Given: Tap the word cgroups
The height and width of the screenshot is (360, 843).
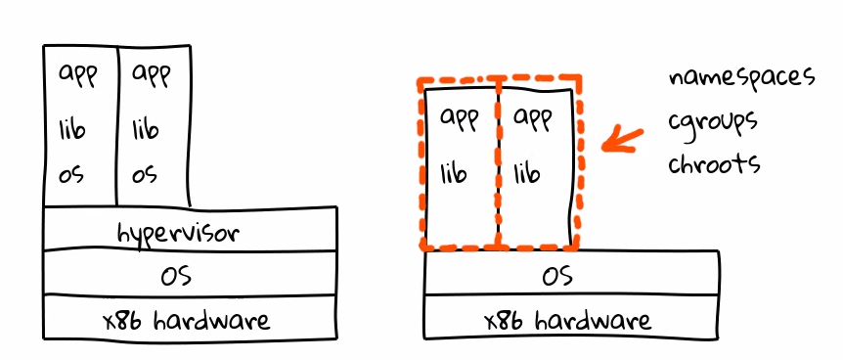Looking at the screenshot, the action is [713, 122].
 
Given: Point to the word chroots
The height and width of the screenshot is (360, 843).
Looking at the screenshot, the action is [715, 161].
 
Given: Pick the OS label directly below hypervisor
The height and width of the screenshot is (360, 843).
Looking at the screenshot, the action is [176, 275].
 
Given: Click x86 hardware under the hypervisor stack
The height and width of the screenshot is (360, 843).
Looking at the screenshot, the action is [187, 320].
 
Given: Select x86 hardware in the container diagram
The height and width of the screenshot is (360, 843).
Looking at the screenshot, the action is [568, 320].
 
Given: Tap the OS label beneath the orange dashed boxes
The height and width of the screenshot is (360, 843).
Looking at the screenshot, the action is [557, 276].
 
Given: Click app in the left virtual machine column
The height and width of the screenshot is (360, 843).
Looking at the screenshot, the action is [78, 74].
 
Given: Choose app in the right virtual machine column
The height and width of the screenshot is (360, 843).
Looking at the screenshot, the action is [151, 74].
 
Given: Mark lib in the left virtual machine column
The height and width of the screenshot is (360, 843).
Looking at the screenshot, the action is [72, 129].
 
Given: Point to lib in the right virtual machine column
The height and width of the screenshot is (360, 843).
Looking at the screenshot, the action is [145, 129].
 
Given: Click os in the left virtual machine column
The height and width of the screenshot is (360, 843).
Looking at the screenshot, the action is [71, 174].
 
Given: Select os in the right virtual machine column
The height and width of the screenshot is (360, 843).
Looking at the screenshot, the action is [145, 174].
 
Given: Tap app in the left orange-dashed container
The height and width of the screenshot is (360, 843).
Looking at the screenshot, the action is [460, 118].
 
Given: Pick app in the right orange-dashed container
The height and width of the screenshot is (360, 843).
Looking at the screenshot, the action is [533, 118].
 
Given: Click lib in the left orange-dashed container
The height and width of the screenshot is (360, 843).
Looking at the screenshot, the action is [454, 173].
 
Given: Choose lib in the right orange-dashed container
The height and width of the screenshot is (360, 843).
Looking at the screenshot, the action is [527, 173].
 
